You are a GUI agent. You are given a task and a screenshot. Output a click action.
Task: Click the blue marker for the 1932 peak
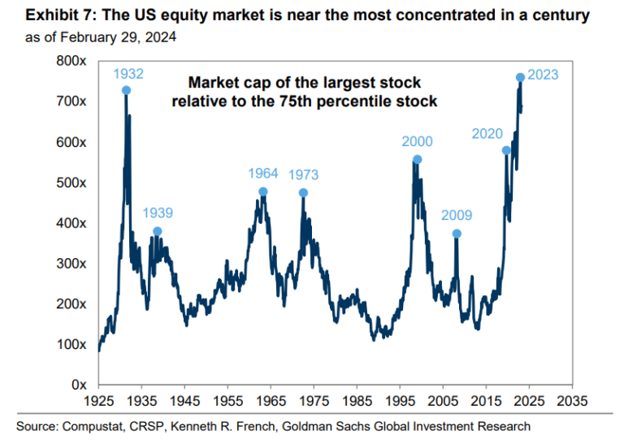click(x=127, y=90)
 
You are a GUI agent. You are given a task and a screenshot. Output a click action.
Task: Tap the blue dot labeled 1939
click(x=157, y=231)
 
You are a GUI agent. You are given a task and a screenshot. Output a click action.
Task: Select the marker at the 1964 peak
click(x=262, y=192)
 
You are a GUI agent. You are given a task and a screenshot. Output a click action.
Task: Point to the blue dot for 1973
click(x=303, y=193)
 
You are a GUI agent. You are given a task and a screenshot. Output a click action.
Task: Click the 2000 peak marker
click(x=418, y=160)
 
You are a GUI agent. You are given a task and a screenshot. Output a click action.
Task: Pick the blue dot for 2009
click(x=457, y=234)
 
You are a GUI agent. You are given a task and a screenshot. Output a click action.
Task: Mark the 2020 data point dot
click(x=506, y=150)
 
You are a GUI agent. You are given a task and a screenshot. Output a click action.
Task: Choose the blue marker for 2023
click(x=520, y=77)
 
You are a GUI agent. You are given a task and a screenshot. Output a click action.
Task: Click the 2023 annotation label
click(x=543, y=75)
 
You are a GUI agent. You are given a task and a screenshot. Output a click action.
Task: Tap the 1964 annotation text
click(x=262, y=173)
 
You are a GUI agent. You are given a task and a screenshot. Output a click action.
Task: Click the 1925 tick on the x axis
click(x=98, y=400)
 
